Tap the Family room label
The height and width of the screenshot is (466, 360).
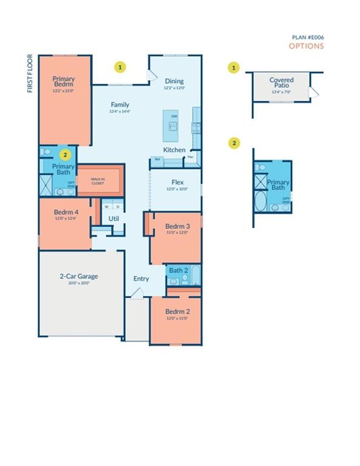pos(120,104)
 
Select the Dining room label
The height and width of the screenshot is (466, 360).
pos(174,81)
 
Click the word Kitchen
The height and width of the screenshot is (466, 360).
pos(174,150)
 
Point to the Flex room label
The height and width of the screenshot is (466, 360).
pos(177,182)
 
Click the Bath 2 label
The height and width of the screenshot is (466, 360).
pos(177,270)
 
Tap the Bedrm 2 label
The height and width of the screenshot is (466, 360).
pos(177,312)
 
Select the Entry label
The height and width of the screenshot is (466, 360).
pos(141,279)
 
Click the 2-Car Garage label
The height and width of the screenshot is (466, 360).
pos(78,276)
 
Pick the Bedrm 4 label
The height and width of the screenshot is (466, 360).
pos(64,212)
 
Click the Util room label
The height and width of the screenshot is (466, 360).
pos(114,218)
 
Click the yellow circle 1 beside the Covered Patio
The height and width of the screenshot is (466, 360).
pos(234,67)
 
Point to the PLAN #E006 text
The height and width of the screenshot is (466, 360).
pos(307,37)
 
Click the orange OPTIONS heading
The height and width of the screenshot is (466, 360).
pos(306,46)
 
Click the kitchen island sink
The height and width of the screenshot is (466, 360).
pos(173,126)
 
